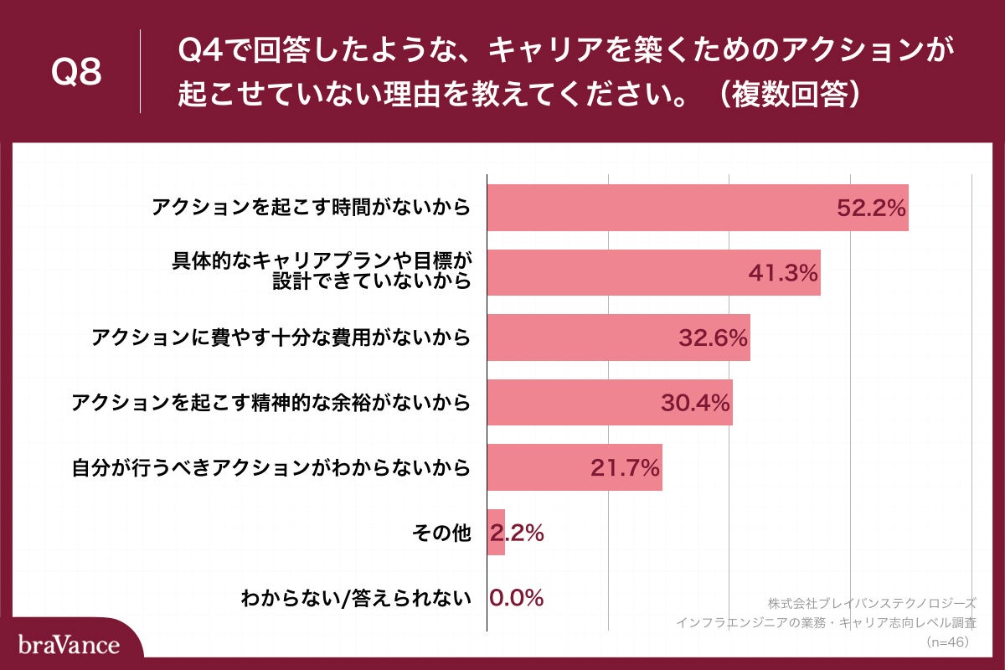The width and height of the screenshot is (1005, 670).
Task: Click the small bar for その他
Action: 496,532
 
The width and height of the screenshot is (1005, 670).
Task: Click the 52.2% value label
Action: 871,209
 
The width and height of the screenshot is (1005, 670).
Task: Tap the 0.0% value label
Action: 517,598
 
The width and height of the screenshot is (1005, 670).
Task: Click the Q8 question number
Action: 76,73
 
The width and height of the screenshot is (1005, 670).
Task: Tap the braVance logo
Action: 69,645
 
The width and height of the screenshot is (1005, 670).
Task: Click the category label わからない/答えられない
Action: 356,598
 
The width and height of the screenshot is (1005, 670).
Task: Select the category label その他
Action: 442,533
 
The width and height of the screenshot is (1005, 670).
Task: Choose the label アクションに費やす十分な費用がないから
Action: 281,338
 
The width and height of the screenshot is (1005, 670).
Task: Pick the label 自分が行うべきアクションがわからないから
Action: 270,467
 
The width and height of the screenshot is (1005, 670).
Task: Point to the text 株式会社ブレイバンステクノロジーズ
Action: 871,603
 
